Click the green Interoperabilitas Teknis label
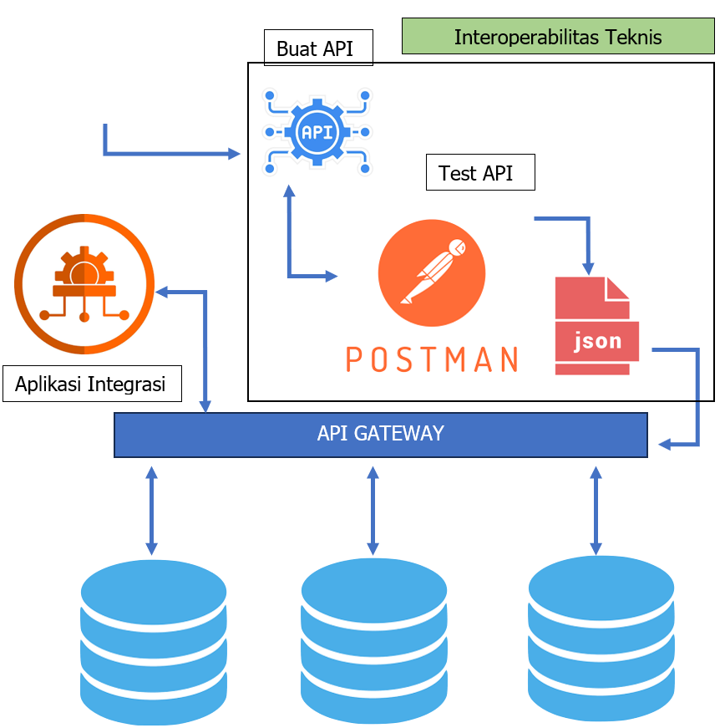coord(558,37)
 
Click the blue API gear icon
coord(317,132)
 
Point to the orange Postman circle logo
coord(431,272)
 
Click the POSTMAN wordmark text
coord(431,359)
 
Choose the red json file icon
coord(596,326)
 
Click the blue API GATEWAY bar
coord(381,434)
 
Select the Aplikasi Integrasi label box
coord(92,384)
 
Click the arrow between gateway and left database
coord(151,510)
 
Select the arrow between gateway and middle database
coord(373,510)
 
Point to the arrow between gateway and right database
coord(596,510)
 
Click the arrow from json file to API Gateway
coord(697,393)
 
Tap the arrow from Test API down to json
coord(588,238)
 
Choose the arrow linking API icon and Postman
coord(289,242)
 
